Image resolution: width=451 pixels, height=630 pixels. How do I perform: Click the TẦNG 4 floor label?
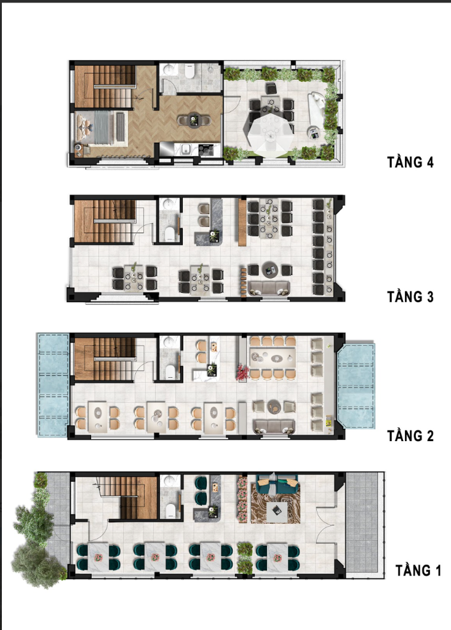410,162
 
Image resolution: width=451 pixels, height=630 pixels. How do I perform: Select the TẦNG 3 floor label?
410,297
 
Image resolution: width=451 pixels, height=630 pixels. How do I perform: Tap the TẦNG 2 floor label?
410,436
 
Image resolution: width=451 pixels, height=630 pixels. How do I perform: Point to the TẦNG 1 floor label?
418,570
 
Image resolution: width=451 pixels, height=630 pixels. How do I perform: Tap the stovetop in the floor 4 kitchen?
206,150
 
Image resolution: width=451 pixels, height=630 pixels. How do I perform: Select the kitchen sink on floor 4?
185,150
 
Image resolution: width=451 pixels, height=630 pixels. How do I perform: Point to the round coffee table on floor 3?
269,269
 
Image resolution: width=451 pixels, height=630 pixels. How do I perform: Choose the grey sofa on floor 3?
269,288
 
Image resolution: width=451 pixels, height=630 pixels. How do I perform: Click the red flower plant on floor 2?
242,372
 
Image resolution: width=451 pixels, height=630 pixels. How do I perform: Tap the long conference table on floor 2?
273,357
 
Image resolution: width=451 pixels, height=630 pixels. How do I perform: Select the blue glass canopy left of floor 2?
53,385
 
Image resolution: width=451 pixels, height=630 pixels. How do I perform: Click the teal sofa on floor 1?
277,484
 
